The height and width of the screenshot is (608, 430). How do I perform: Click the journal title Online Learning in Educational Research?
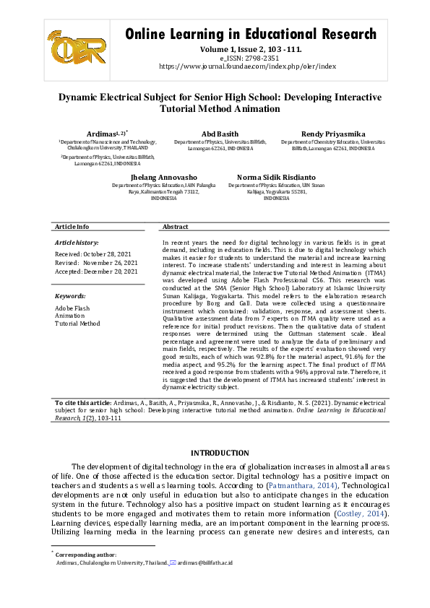tap(251, 34)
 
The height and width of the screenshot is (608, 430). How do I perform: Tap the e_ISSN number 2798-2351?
tap(262, 58)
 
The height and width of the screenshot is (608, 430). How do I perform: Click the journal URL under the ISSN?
tap(247, 66)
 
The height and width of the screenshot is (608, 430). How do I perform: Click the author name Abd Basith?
tap(220, 134)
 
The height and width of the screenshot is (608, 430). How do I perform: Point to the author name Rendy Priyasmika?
tap(333, 134)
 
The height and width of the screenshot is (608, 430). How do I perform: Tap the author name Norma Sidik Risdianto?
tap(275, 176)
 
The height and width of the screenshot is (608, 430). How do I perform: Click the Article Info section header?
tap(72, 227)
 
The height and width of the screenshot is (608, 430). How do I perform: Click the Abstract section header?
tap(176, 227)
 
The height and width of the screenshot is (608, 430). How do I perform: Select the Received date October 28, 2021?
tap(96, 254)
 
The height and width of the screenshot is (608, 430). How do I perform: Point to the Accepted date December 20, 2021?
tap(96, 272)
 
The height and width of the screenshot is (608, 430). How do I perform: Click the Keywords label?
tap(71, 296)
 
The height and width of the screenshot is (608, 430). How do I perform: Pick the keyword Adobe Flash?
tap(73, 308)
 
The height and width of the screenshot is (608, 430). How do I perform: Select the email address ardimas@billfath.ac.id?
tap(210, 562)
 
